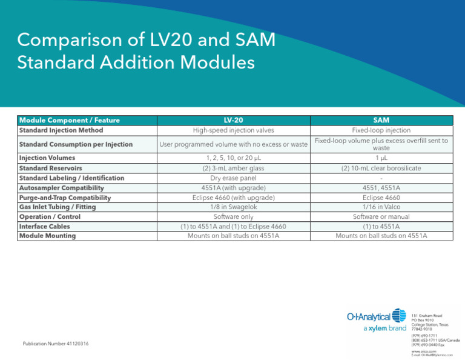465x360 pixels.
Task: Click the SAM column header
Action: [381, 121]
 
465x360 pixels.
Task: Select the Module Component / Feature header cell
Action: [70, 121]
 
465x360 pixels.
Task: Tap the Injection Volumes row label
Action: [47, 158]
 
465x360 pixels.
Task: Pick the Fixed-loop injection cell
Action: [381, 130]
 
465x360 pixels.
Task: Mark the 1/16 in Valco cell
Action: [381, 207]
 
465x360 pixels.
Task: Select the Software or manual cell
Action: [381, 216]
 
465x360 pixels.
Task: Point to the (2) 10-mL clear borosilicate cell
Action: [381, 168]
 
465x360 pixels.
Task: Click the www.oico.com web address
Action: [422, 350]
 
